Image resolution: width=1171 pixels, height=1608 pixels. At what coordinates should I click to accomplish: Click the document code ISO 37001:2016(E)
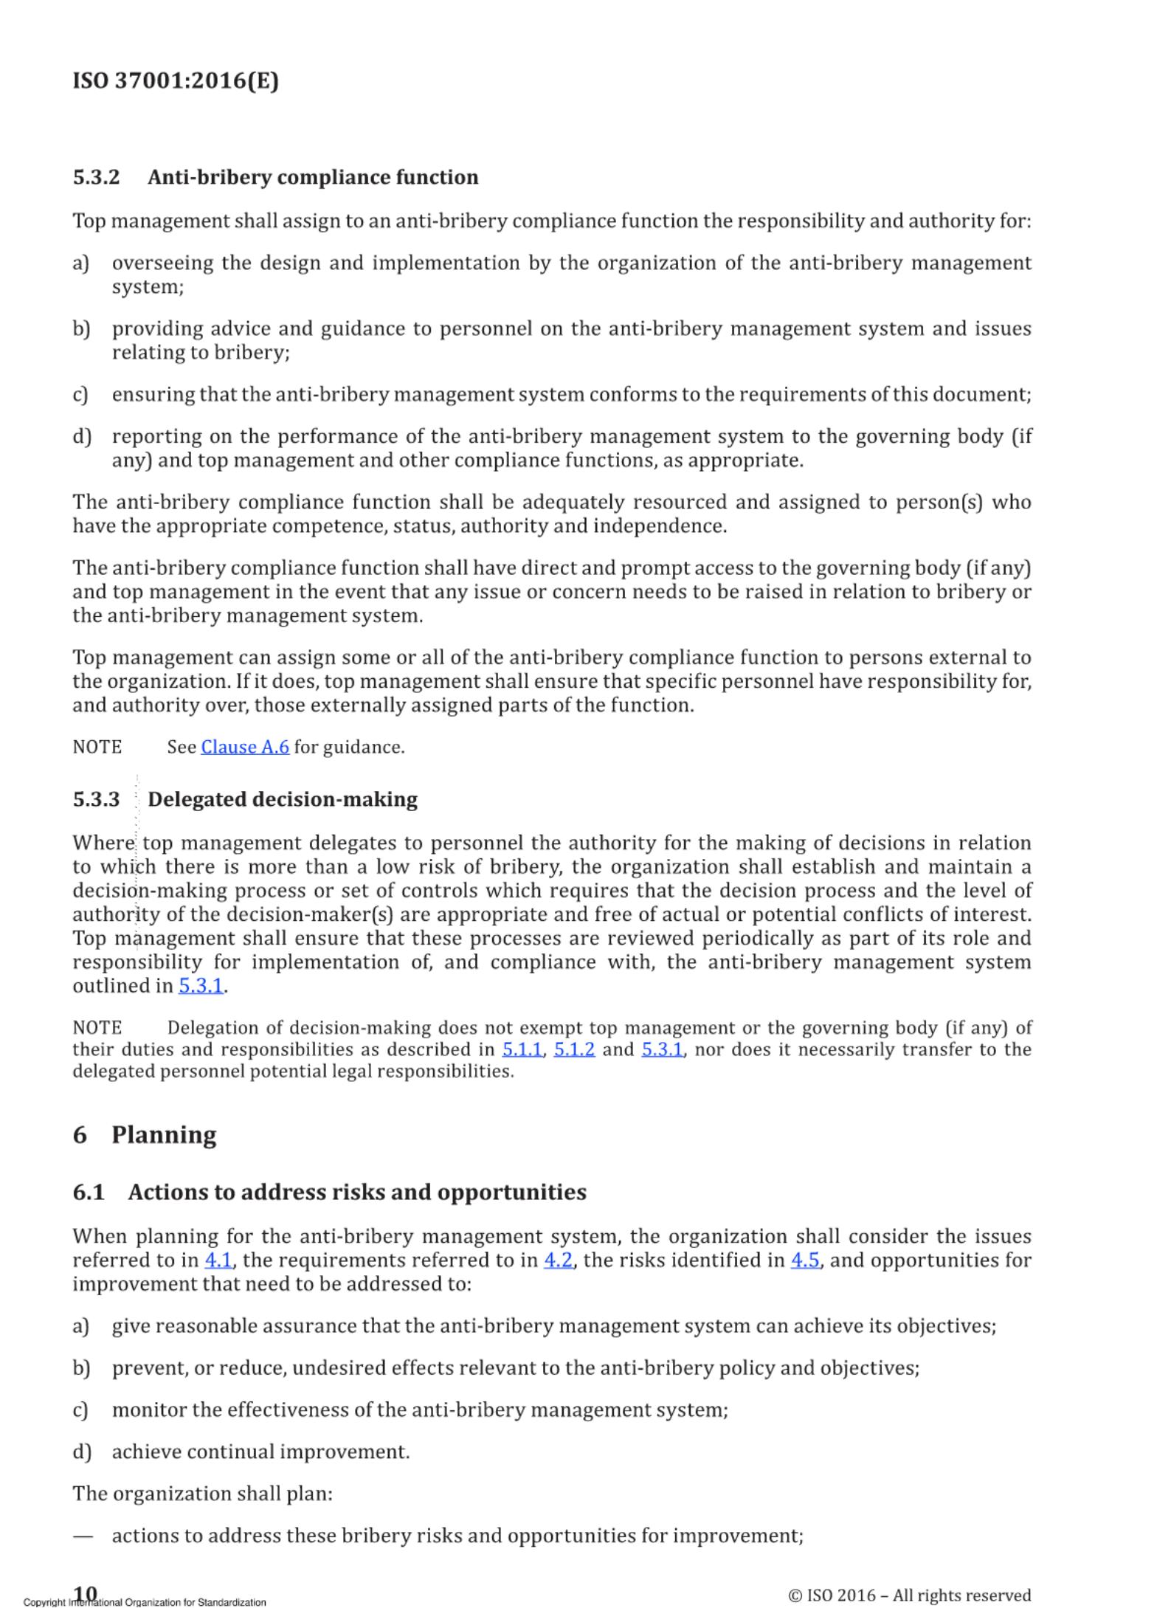[x=176, y=80]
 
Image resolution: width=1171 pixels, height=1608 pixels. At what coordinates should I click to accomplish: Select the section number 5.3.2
[x=96, y=177]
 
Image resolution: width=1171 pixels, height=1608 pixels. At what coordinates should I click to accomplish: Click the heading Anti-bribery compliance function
[x=313, y=177]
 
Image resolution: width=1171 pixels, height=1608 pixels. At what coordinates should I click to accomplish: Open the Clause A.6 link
[x=245, y=747]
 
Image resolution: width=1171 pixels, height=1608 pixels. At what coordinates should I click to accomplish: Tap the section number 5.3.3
[x=96, y=799]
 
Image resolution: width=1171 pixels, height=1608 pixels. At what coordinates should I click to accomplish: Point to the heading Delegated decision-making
[x=283, y=799]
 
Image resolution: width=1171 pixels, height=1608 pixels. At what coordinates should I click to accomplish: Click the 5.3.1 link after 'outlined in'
[x=201, y=986]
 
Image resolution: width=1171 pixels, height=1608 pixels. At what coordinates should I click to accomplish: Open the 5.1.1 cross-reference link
[x=522, y=1049]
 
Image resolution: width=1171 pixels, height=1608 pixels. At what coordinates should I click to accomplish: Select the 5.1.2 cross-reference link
[x=574, y=1049]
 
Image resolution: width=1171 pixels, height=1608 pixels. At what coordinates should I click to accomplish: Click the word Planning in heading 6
[x=164, y=1134]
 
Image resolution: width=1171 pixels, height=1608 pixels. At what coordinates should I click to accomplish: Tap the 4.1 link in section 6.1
[x=218, y=1260]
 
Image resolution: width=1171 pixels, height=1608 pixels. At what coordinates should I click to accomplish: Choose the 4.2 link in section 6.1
[x=558, y=1260]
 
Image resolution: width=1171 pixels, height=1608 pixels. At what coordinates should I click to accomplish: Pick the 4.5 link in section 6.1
[x=805, y=1260]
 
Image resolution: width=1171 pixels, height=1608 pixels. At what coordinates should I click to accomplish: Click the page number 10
[x=86, y=1593]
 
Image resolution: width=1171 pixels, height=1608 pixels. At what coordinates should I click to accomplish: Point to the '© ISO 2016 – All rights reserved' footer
[x=909, y=1595]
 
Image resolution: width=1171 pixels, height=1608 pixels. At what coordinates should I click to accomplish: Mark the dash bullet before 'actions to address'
[x=83, y=1536]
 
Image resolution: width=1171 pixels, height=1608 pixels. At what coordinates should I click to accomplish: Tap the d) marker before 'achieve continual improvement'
[x=81, y=1452]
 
